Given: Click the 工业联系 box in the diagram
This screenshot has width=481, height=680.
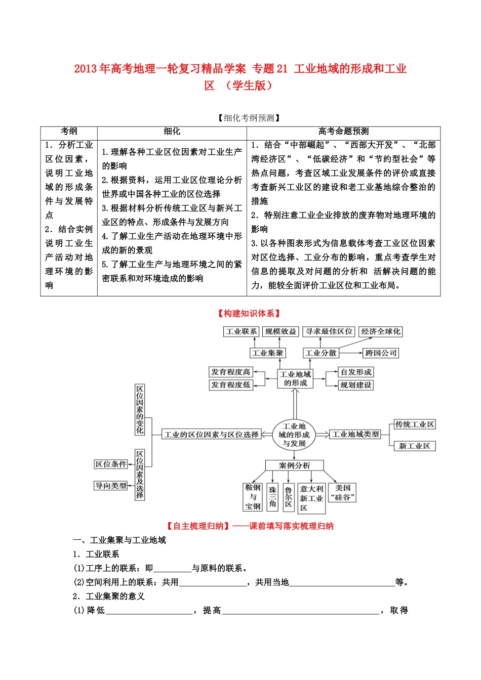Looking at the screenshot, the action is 242,332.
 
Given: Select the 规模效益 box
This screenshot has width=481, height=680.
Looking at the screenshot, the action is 281,332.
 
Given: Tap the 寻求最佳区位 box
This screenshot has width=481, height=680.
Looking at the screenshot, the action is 329,332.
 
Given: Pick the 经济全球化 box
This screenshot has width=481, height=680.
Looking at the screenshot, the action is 380,332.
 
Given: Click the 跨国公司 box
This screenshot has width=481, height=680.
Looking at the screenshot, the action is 381,353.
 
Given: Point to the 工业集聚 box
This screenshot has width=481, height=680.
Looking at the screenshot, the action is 268,353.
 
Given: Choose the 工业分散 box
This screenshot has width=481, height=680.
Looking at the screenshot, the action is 320,353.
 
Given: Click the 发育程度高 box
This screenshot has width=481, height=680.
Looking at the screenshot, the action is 231,372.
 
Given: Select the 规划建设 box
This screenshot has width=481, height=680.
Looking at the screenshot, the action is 356,385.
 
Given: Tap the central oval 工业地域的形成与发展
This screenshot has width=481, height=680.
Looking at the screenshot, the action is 294,435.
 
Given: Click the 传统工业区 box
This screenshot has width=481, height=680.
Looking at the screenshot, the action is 415,424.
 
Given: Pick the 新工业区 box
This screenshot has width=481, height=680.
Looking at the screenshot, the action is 415,446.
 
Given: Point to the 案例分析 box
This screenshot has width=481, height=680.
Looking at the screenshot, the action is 294,465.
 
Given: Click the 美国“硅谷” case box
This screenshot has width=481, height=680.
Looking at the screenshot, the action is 343,493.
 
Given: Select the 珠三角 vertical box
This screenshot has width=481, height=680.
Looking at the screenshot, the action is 272,496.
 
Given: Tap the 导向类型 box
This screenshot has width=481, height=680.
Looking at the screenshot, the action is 111,486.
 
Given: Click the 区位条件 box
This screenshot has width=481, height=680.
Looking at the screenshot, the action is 111,464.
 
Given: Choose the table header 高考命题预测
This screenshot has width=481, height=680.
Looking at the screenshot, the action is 343,132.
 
